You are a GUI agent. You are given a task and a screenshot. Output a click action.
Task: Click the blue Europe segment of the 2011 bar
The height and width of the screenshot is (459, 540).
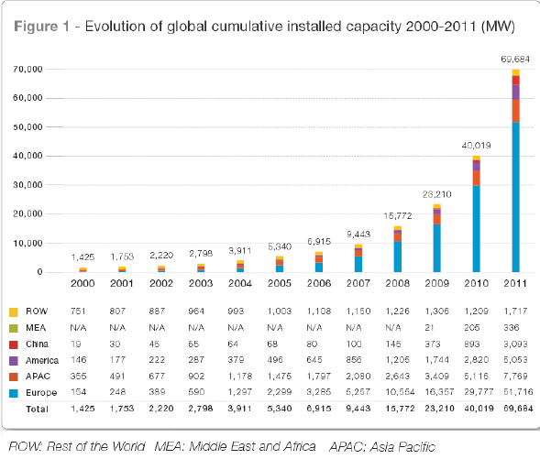point(515,197)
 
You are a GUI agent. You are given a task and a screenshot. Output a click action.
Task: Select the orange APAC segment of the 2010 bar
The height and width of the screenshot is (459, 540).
point(477,179)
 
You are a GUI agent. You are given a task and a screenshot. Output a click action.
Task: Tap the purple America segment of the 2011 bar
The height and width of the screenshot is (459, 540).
point(515,93)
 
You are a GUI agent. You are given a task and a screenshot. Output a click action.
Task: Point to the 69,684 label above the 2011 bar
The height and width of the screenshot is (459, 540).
point(515,60)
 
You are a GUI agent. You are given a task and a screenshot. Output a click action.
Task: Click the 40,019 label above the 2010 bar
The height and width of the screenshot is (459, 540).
point(477,146)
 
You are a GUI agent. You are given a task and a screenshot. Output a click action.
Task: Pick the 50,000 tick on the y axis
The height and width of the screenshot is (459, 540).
point(28,127)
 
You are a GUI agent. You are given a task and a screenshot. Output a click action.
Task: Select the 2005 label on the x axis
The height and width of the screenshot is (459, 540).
point(280,283)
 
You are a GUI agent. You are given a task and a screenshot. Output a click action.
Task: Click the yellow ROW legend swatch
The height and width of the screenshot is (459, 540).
point(14,312)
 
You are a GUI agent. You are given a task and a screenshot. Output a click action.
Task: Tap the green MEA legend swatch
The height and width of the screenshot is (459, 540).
point(14,328)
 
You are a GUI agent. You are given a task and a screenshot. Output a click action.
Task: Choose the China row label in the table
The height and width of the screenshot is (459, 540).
point(37,344)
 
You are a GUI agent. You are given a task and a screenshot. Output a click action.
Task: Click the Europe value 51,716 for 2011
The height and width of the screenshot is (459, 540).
point(518,392)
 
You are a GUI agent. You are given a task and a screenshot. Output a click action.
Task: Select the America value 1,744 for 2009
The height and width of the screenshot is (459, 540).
point(437,360)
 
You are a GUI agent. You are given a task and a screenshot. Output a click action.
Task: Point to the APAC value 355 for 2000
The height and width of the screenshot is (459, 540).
point(78,376)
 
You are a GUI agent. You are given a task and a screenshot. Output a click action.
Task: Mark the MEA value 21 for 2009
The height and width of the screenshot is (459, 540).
point(429,328)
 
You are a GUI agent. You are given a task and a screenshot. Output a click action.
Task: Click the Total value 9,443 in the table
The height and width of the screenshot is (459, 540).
point(358,409)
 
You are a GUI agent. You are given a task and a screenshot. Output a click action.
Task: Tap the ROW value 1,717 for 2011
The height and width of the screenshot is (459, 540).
point(515,311)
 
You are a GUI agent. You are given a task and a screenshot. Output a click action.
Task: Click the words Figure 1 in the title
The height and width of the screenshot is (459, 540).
point(41,27)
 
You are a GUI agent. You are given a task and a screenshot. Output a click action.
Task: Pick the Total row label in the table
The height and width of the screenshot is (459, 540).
point(37,410)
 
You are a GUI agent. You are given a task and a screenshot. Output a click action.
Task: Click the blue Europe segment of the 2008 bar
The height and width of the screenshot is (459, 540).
point(397,257)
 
